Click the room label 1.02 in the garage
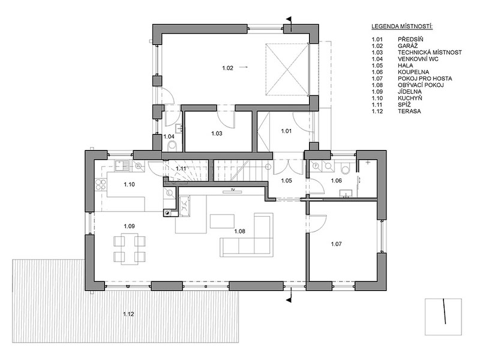228,68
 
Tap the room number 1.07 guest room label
336,244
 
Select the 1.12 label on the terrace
128,314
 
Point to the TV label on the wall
233,190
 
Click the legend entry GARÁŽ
408,46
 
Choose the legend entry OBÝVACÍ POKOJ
421,85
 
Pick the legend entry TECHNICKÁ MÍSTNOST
430,52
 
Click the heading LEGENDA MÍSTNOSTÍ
402,26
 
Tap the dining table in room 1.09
129,248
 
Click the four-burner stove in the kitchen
101,184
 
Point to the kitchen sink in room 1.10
122,166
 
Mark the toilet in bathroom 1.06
346,168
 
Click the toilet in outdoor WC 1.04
173,146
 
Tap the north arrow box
443,317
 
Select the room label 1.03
217,133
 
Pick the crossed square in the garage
287,70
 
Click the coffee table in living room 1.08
223,221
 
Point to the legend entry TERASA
409,111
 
